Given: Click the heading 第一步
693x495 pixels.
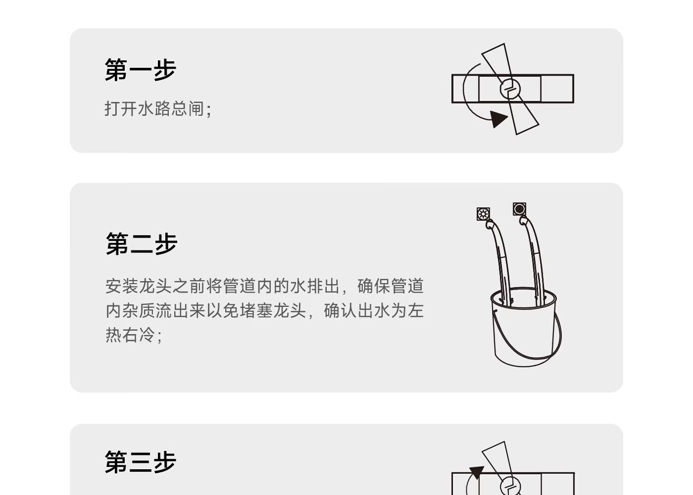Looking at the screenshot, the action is coord(141,70).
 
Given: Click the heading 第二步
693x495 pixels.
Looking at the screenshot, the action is coord(142,244).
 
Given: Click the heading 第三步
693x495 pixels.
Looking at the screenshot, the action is coord(141,462).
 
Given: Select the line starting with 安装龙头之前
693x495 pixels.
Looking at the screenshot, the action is coord(264,286).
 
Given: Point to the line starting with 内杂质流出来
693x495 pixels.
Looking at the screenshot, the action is coord(264,311).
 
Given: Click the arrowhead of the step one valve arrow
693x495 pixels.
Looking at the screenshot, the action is coord(498,119).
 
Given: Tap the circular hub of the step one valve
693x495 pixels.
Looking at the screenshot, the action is coord(510,89).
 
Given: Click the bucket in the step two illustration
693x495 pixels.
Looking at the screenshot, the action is coord(524,332).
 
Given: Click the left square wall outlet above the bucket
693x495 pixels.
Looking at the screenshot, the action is coord(484,214).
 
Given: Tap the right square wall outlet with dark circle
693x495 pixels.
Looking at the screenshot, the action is coord(519,209).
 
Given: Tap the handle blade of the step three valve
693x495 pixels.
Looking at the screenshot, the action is coord(497,458).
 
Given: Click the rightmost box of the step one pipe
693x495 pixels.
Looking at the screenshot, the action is coord(557,89).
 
